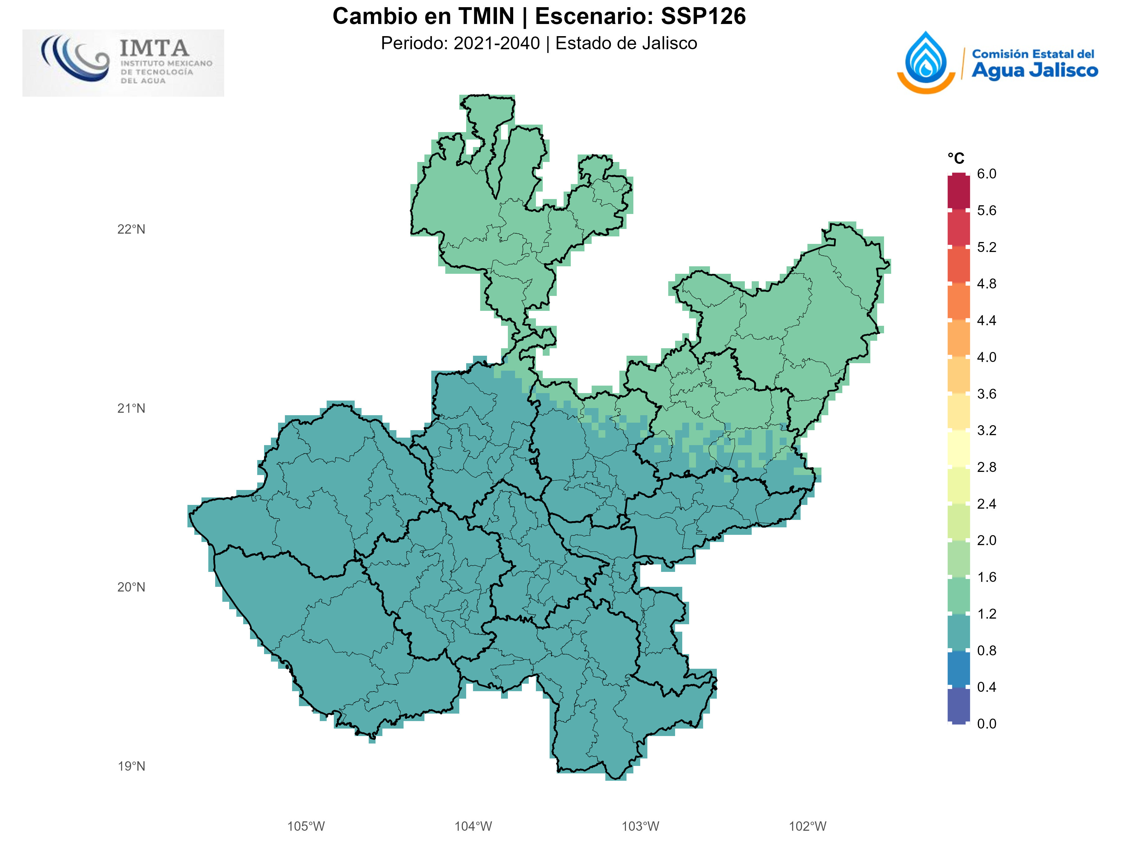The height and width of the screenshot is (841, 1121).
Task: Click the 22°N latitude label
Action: pyautogui.click(x=131, y=229)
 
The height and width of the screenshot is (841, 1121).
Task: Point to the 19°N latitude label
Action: pyautogui.click(x=131, y=766)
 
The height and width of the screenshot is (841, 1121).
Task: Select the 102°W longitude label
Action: pyautogui.click(x=807, y=826)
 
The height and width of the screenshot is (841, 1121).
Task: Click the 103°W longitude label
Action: pyautogui.click(x=640, y=826)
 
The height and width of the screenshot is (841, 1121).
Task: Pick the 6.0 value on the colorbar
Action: pyautogui.click(x=986, y=174)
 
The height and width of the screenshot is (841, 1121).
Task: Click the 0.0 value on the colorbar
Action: pyautogui.click(x=986, y=723)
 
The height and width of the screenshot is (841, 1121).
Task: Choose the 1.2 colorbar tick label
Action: pyautogui.click(x=986, y=614)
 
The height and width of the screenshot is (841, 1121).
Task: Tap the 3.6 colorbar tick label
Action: pyautogui.click(x=986, y=394)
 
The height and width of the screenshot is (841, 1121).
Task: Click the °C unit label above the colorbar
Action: pyautogui.click(x=956, y=159)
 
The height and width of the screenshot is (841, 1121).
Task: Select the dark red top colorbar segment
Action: pyautogui.click(x=958, y=192)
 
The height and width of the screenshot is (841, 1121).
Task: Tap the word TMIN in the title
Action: pyautogui.click(x=486, y=16)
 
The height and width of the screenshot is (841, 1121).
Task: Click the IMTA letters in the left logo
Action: pyautogui.click(x=154, y=49)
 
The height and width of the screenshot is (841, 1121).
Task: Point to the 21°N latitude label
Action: pyautogui.click(x=131, y=408)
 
